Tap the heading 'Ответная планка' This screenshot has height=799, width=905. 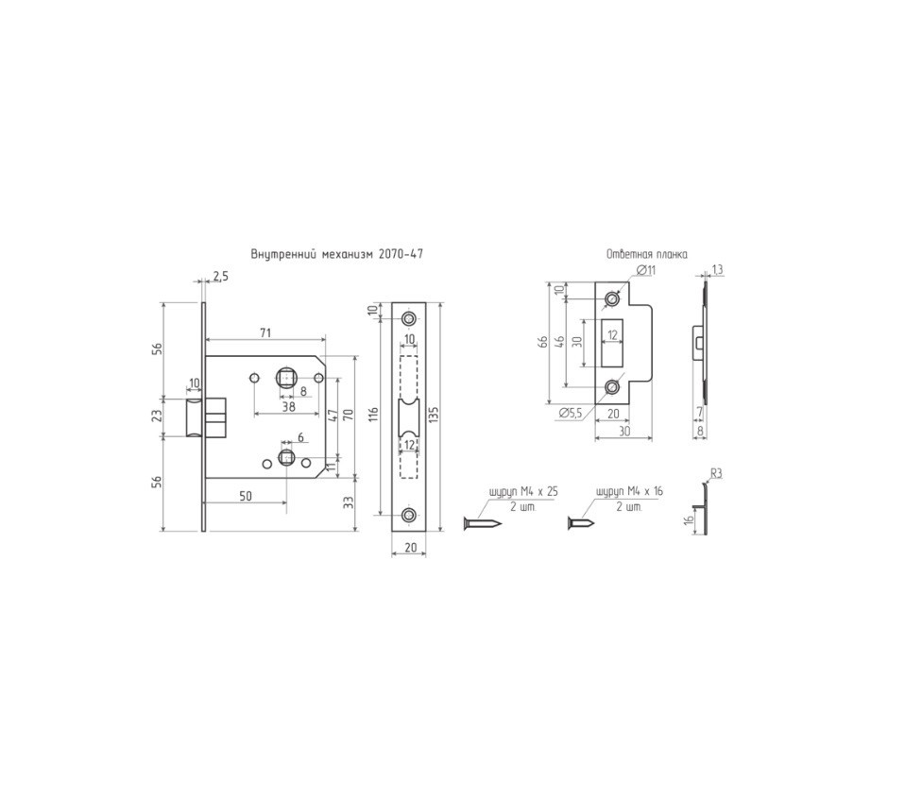646,254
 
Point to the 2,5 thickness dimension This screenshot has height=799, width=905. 220,277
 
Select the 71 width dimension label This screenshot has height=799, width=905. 265,332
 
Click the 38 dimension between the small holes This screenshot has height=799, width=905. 288,406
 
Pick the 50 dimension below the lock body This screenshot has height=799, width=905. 246,496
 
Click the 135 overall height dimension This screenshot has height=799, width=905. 434,416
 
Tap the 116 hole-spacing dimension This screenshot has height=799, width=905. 373,416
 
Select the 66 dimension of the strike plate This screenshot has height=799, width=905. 542,343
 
